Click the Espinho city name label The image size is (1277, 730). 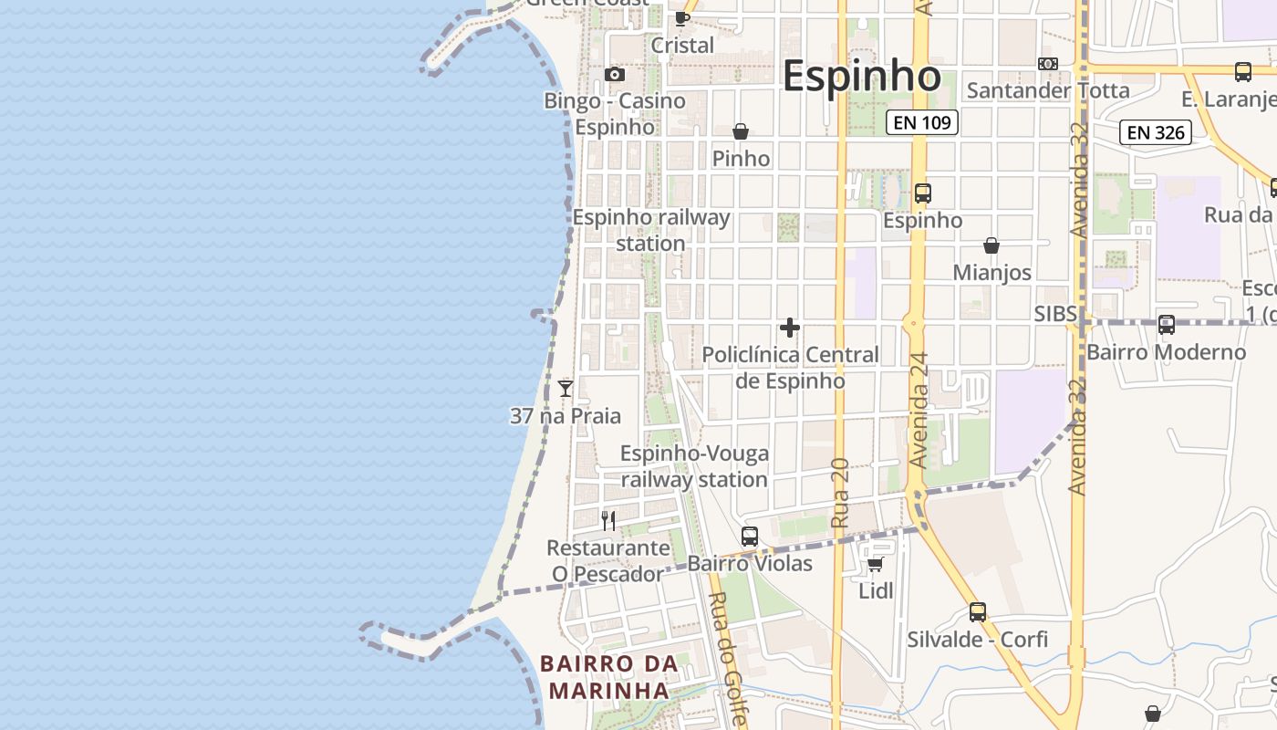coord(861,76)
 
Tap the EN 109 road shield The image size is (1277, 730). coord(922,122)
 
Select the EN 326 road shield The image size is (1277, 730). coord(1156,132)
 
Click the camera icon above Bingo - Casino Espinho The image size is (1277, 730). coord(615,75)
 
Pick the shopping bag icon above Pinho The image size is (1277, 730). coord(741,132)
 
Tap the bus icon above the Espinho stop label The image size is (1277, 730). coord(922,193)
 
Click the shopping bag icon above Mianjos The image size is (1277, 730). coord(991,246)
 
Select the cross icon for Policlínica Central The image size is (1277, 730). coord(790,328)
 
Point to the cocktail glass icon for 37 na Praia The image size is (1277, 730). coord(566,389)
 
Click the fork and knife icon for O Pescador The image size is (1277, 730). coord(608,521)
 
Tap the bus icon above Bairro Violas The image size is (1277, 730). coord(750,537)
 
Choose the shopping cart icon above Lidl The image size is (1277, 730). coord(876,564)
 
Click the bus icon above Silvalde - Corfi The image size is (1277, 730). coord(978,612)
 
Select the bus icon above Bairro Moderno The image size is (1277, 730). coord(1166,324)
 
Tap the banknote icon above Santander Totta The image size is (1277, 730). coord(1048,64)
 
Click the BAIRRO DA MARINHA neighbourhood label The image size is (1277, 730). coord(609,676)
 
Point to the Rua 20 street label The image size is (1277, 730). coord(840,493)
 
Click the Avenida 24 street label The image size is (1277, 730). coord(919,411)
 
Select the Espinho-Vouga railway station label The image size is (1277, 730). coord(694,466)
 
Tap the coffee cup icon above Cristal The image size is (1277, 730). coord(681,18)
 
